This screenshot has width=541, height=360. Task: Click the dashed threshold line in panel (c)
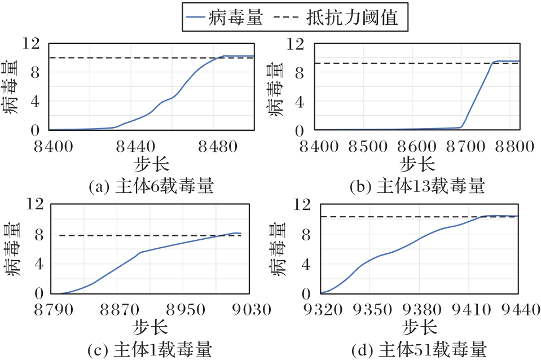(141, 235)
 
